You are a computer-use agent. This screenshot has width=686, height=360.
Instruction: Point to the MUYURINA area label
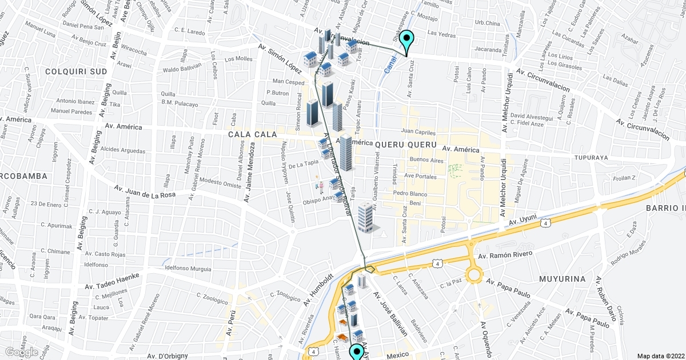coord(563,279)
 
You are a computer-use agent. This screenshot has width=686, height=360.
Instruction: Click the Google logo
coord(22,352)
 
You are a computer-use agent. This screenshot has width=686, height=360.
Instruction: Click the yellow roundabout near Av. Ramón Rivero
coord(474,275)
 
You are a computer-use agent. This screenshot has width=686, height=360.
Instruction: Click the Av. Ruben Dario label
coord(607,300)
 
